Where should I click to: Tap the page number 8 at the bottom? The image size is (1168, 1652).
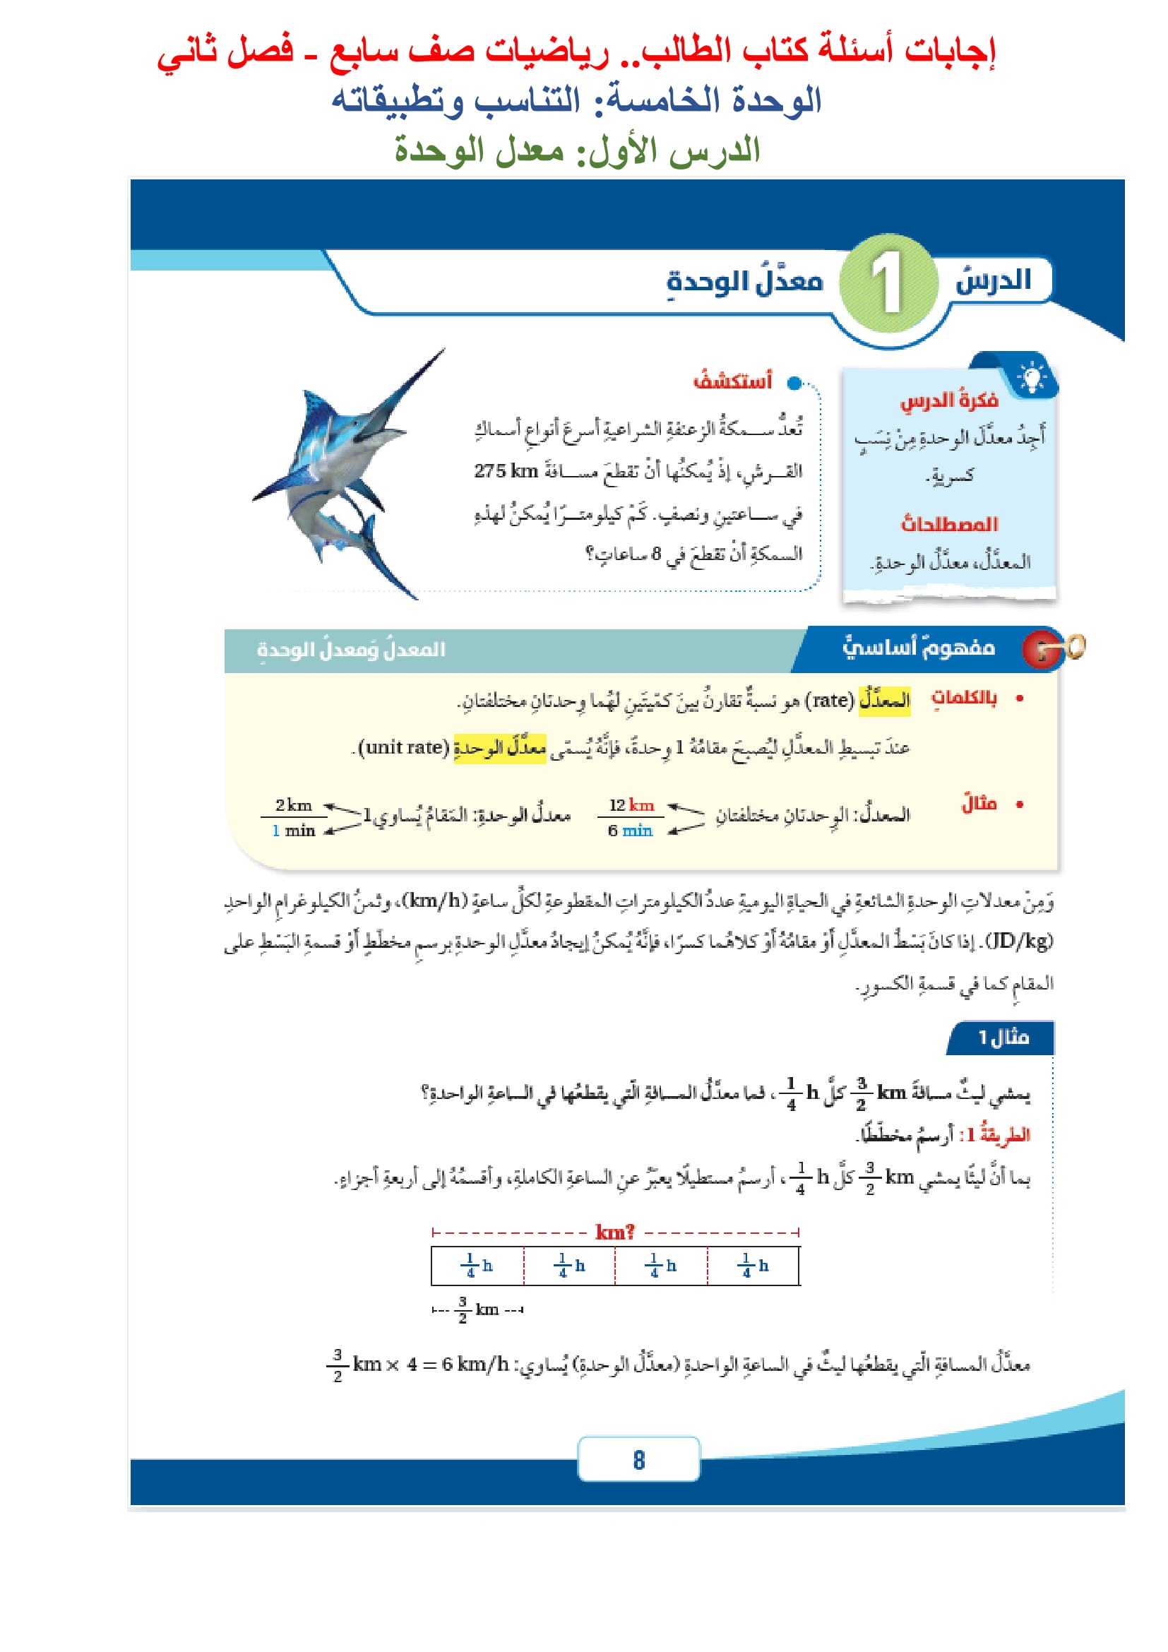click(x=638, y=1460)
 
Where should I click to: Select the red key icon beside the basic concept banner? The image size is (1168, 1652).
click(x=1041, y=649)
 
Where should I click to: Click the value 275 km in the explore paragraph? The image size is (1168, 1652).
click(x=506, y=470)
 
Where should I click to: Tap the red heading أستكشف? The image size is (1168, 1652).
click(x=732, y=380)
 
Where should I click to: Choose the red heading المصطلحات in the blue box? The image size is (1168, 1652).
click(x=949, y=524)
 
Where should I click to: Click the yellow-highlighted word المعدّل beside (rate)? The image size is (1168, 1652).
click(x=885, y=700)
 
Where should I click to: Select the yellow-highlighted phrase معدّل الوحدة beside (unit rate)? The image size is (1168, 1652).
click(x=500, y=747)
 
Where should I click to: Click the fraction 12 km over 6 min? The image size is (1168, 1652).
click(x=631, y=817)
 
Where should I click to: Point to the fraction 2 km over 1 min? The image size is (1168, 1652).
click(x=294, y=817)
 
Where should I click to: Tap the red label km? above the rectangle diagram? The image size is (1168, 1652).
click(x=615, y=1232)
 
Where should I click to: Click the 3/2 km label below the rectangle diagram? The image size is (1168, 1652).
click(x=478, y=1309)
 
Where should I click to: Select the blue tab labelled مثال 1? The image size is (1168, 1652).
click(x=1003, y=1038)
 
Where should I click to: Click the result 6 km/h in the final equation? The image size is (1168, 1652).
click(x=475, y=1365)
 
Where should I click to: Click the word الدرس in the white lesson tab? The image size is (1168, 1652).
click(x=992, y=279)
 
